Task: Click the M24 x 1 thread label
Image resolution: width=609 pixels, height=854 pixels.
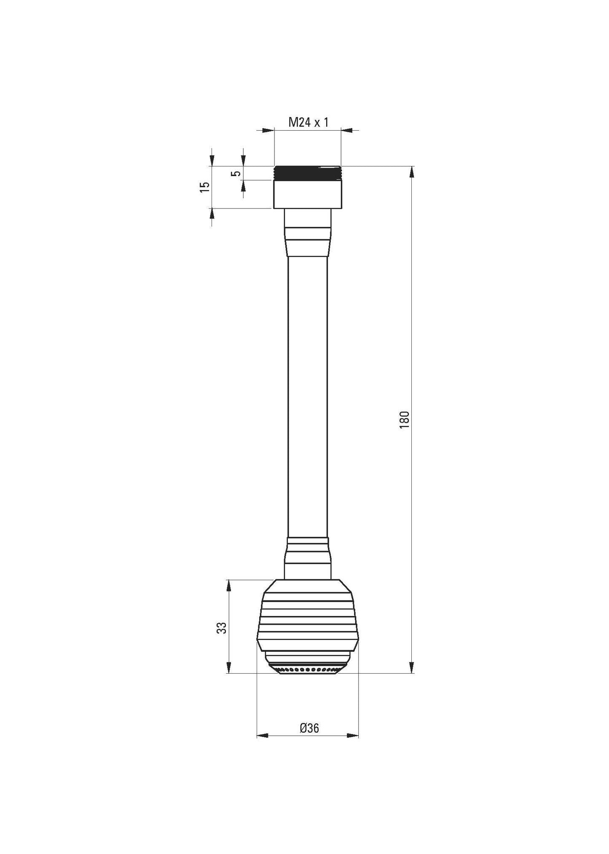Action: [x=308, y=123]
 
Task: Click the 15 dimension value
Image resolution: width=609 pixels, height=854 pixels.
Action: [x=204, y=187]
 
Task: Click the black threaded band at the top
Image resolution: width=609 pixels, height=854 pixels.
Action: [x=307, y=173]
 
